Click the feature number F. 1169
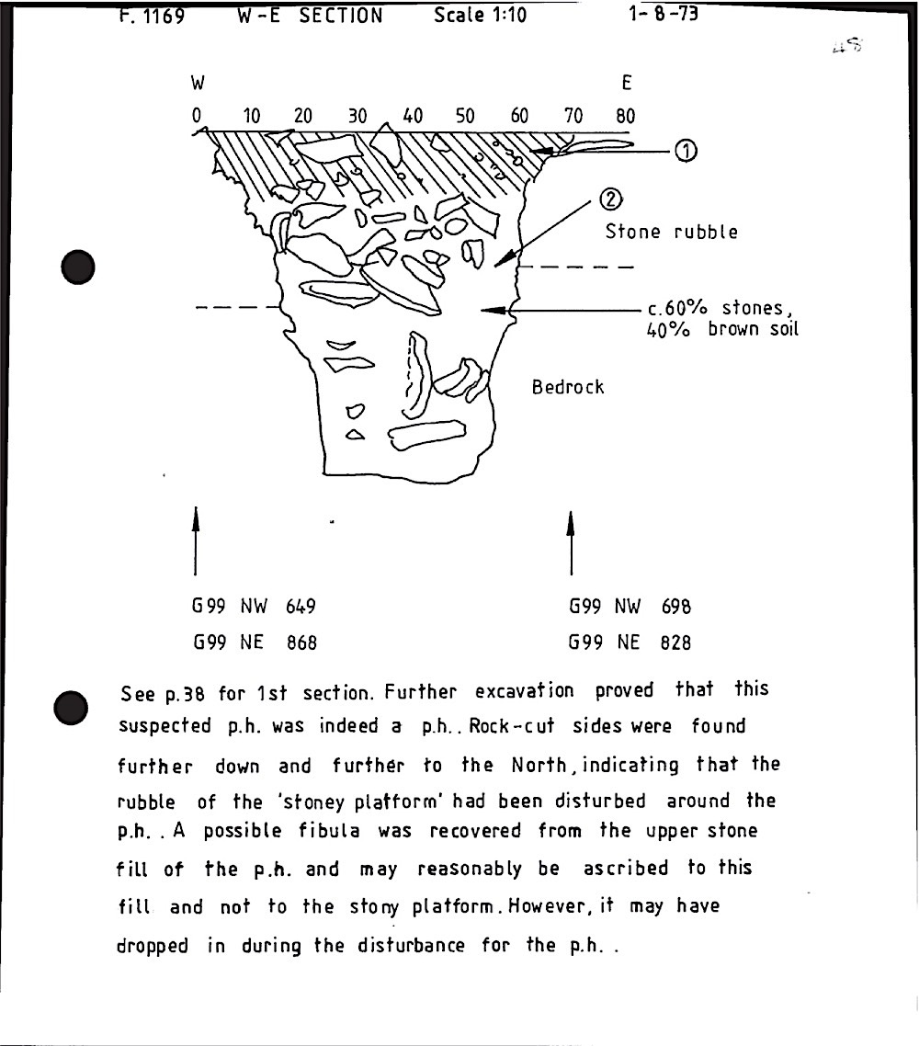click(152, 16)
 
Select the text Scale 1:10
click(480, 15)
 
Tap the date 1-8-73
click(663, 14)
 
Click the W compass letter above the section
click(199, 83)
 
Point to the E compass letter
click(626, 83)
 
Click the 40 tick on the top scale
click(413, 116)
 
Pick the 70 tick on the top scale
click(573, 116)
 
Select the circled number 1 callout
click(686, 152)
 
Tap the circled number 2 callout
click(610, 199)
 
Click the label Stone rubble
click(672, 232)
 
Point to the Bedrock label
click(568, 387)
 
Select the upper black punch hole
click(78, 267)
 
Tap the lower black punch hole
click(71, 708)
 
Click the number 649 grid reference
click(301, 607)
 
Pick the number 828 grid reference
click(675, 642)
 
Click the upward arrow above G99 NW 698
click(571, 543)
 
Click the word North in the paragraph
click(539, 765)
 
